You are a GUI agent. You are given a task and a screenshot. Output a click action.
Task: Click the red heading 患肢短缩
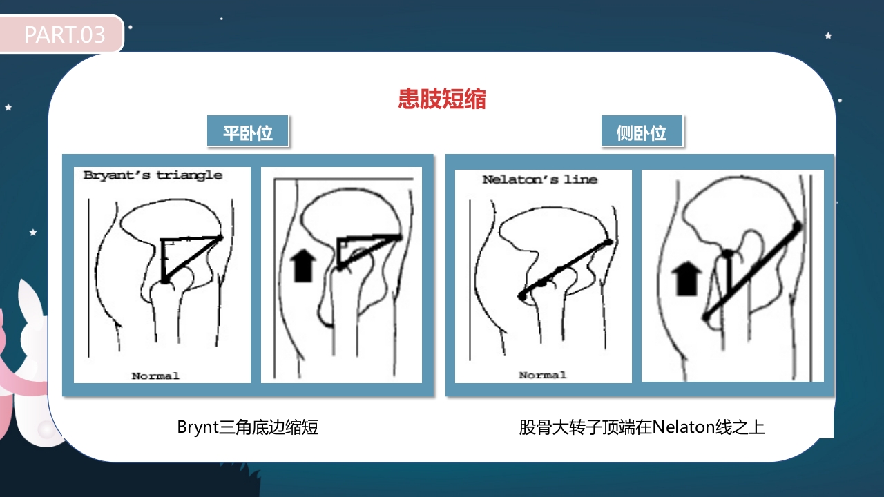pos(442,99)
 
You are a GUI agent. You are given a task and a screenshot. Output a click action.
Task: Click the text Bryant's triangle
pos(153,175)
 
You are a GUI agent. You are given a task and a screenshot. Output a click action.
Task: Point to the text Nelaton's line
pos(539,179)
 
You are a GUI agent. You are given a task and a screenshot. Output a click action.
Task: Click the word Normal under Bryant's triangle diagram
pos(155,376)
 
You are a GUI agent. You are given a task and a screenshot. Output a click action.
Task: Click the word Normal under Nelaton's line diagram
pos(542,375)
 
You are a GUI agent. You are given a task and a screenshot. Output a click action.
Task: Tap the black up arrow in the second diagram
pos(302,266)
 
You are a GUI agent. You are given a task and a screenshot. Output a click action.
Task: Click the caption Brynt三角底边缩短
pos(248,427)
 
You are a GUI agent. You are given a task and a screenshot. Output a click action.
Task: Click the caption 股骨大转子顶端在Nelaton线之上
pos(642,427)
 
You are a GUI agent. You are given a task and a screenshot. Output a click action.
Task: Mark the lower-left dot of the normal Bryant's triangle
pos(164,280)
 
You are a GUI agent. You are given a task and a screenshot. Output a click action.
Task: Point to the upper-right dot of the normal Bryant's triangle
pos(221,237)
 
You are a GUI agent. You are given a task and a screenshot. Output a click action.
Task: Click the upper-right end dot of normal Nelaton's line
pos(608,242)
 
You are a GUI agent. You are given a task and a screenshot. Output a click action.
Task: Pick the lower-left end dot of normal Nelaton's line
pos(521,295)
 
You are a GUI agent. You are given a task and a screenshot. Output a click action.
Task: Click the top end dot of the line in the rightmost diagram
pos(798,226)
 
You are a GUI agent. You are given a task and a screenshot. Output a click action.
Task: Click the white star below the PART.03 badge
pos(9,107)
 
